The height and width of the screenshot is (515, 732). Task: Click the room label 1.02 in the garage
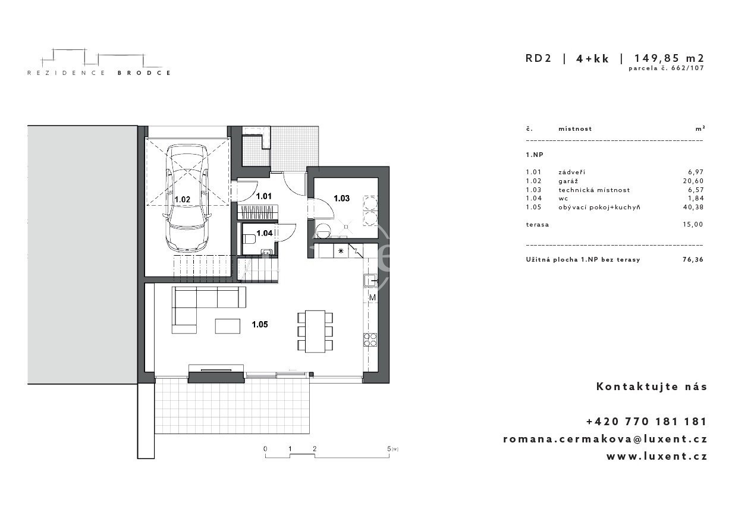click(183, 199)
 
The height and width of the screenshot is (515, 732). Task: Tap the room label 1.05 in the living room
click(260, 325)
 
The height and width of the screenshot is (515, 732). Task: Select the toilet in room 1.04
click(249, 239)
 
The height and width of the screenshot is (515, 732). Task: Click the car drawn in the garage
click(187, 198)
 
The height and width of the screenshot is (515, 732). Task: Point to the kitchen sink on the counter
click(370, 280)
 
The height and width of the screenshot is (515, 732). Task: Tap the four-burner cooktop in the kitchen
click(370, 340)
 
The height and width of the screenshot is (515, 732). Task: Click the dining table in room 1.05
click(315, 331)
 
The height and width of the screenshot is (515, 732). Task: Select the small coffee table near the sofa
click(227, 326)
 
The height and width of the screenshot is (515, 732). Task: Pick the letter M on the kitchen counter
click(372, 298)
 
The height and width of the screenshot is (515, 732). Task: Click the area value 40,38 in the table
click(693, 207)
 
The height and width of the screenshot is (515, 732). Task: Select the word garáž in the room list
click(568, 181)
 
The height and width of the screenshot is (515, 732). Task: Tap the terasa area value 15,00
click(693, 224)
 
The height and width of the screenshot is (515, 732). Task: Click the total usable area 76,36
click(693, 259)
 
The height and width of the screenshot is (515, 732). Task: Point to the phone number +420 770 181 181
click(647, 421)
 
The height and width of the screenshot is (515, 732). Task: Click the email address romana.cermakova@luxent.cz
click(605, 439)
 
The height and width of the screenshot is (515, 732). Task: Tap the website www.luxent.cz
click(657, 456)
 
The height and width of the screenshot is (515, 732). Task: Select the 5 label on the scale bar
click(389, 448)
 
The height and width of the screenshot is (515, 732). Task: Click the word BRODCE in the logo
click(144, 73)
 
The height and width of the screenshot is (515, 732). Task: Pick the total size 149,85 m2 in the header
click(669, 58)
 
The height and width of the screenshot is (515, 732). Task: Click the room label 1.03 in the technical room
click(341, 199)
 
